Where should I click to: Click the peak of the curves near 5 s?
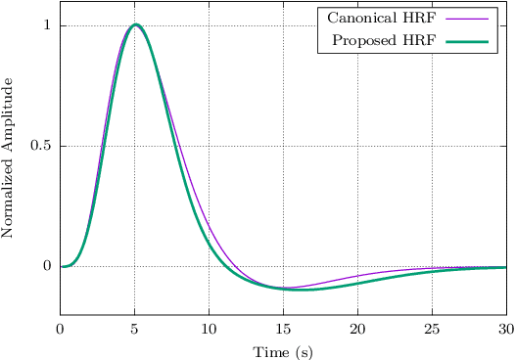(x=135, y=24)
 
